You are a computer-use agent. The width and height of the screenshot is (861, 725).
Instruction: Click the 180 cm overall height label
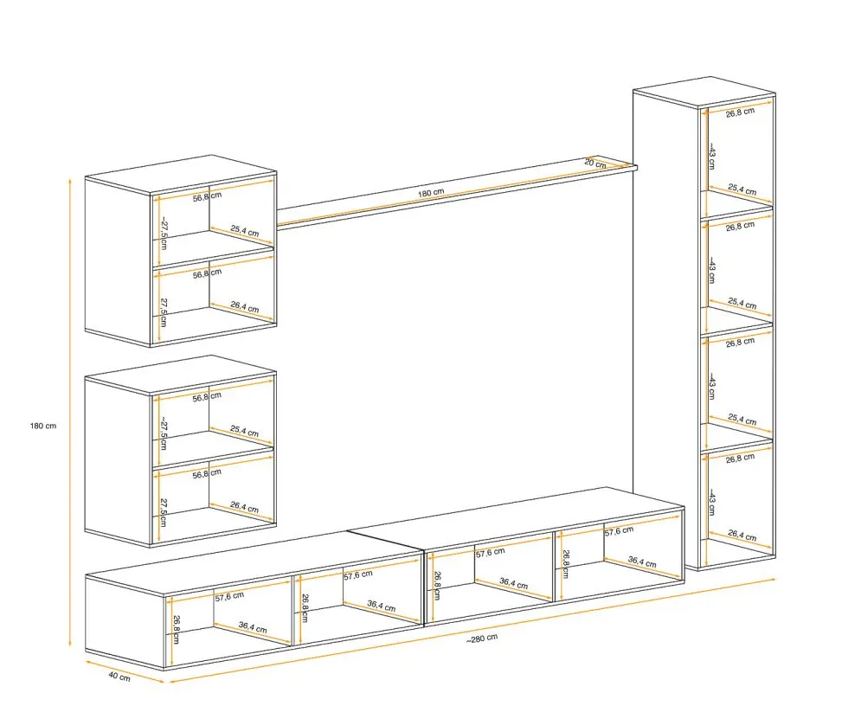pyautogui.click(x=42, y=426)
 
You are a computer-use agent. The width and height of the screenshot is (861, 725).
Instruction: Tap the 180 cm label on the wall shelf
pyautogui.click(x=431, y=193)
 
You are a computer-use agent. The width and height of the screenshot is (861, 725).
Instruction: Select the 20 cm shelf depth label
pyautogui.click(x=595, y=163)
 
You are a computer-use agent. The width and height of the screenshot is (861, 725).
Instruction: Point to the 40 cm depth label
pyautogui.click(x=119, y=676)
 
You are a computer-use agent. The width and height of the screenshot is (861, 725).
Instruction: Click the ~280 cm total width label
pyautogui.click(x=482, y=638)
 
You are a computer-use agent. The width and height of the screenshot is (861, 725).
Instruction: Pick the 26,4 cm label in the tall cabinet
pyautogui.click(x=742, y=536)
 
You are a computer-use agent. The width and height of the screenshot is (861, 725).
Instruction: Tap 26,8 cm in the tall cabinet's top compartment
pyautogui.click(x=740, y=112)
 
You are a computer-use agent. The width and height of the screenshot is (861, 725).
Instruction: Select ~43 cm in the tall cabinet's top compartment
pyautogui.click(x=711, y=157)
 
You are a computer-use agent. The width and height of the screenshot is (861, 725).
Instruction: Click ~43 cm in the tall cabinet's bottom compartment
pyautogui.click(x=711, y=502)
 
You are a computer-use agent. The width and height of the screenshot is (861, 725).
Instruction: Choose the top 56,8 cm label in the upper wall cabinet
pyautogui.click(x=207, y=196)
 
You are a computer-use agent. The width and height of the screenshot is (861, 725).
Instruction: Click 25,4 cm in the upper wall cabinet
pyautogui.click(x=244, y=231)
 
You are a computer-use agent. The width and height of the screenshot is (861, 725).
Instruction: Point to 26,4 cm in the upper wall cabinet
pyautogui.click(x=244, y=307)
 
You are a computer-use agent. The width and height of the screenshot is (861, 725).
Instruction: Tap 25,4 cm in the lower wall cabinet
pyautogui.click(x=244, y=432)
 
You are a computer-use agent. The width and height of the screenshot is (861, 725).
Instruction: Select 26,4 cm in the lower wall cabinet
pyautogui.click(x=244, y=507)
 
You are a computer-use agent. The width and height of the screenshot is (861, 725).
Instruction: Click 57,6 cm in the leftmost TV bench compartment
pyautogui.click(x=229, y=596)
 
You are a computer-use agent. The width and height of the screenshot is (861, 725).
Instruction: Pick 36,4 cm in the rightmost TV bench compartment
pyautogui.click(x=642, y=562)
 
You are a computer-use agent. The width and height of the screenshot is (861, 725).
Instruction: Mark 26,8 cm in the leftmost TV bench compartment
pyautogui.click(x=177, y=630)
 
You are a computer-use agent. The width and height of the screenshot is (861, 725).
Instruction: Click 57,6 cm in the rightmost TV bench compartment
pyautogui.click(x=620, y=530)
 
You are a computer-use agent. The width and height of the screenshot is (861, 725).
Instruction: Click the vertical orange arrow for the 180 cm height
pyautogui.click(x=70, y=412)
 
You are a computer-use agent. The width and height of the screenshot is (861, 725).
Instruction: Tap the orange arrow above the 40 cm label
pyautogui.click(x=125, y=671)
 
